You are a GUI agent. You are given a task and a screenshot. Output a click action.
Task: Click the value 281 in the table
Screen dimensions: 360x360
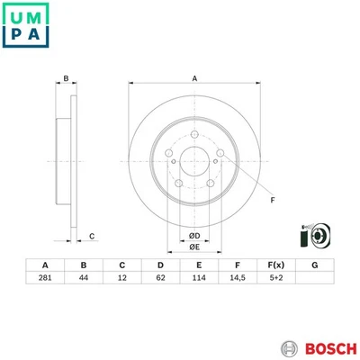(x=43, y=281)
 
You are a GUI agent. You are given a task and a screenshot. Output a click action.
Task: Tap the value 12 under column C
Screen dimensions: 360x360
(x=121, y=281)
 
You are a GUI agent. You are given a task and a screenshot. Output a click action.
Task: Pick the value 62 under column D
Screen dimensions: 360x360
(x=160, y=281)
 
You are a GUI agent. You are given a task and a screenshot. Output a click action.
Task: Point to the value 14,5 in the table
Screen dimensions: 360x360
(x=238, y=281)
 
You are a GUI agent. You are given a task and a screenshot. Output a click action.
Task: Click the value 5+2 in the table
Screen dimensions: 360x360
(x=276, y=281)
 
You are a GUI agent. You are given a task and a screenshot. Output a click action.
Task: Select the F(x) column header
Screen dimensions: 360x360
(x=276, y=265)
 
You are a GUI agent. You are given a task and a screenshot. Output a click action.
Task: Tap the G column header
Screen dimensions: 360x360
(x=315, y=265)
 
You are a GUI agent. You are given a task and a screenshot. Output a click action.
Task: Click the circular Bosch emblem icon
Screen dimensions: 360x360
(x=287, y=346)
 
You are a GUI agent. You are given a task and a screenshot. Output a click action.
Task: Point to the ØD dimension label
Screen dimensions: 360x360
(x=193, y=236)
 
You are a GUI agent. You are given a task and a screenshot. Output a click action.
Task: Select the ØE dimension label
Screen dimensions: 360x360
(x=193, y=249)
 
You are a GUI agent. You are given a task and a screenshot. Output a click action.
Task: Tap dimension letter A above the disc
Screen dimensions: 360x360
(x=193, y=80)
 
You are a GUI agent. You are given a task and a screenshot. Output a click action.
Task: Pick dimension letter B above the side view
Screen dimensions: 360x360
(x=66, y=80)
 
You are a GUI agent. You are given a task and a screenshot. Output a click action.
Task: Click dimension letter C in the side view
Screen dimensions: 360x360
(x=93, y=237)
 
